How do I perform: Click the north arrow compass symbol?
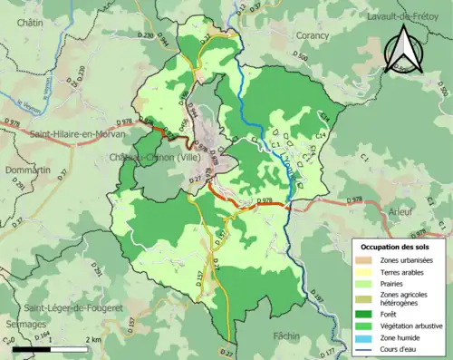pos(403,49)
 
